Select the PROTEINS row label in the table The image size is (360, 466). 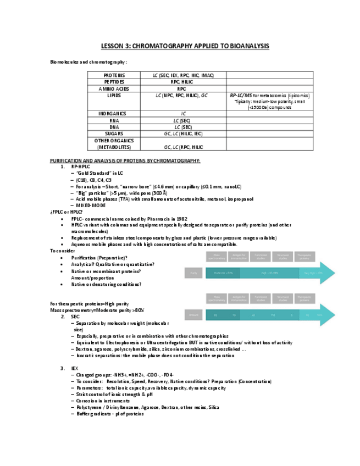click(114, 75)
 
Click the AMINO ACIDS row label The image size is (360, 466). click(114, 88)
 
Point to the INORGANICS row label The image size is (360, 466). click(114, 114)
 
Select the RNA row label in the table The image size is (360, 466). click(114, 120)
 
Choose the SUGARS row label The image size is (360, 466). click(114, 134)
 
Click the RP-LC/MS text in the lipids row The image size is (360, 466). click(241, 95)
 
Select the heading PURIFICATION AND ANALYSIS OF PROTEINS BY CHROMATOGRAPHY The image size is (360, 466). click(125, 160)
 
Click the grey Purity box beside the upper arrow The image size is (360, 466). click(193, 272)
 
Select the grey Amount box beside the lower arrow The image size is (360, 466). click(193, 315)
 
